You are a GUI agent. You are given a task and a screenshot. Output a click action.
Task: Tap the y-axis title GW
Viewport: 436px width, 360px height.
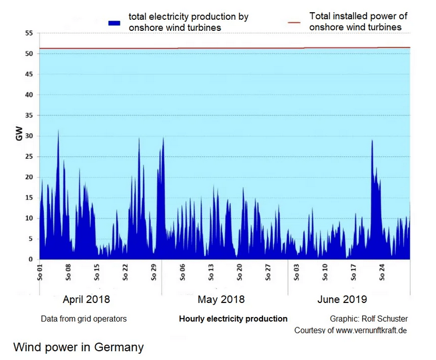pyautogui.click(x=20, y=136)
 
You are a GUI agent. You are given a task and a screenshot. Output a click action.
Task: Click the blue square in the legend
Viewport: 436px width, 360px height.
pyautogui.click(x=114, y=22)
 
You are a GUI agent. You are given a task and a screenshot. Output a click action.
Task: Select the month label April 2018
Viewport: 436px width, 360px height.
pyautogui.click(x=86, y=300)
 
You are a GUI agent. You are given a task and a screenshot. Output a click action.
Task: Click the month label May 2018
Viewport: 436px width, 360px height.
pyautogui.click(x=221, y=300)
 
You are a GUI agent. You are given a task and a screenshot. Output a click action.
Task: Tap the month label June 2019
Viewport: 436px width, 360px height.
pyautogui.click(x=342, y=300)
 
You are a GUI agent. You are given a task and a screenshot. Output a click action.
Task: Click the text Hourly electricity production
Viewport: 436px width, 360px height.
pyautogui.click(x=233, y=319)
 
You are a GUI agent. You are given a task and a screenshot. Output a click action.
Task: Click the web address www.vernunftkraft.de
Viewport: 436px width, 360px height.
pyautogui.click(x=370, y=330)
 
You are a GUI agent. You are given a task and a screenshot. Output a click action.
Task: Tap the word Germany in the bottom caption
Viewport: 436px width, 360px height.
pyautogui.click(x=120, y=348)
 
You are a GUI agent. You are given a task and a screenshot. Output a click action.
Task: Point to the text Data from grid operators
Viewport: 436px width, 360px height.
pyautogui.click(x=84, y=319)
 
